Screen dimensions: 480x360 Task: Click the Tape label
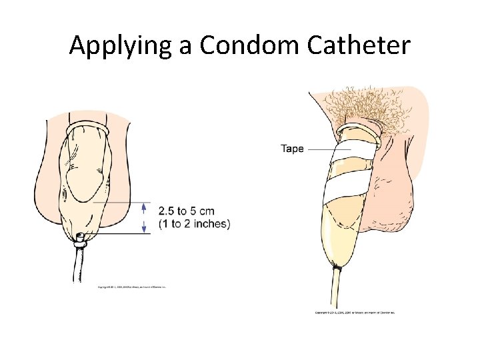292,149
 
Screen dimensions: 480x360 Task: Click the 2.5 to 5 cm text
187,211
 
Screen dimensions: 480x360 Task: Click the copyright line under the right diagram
355,312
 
